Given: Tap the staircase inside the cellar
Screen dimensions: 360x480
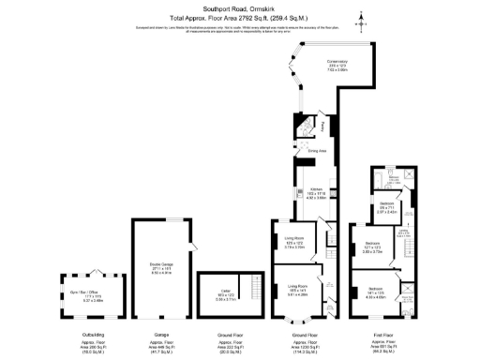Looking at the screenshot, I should click(x=250, y=286).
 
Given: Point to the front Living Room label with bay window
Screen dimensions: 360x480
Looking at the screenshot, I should click(x=298, y=289).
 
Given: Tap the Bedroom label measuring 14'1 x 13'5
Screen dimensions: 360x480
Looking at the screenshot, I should click(x=375, y=292).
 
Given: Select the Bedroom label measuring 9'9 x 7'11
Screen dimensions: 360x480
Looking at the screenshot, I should click(x=386, y=207).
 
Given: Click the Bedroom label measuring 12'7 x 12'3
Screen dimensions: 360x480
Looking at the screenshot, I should click(x=372, y=248).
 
